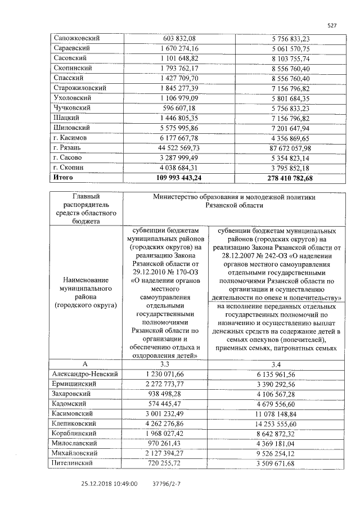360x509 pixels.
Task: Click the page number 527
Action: click(x=332, y=25)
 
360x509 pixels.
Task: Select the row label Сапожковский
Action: click(x=76, y=38)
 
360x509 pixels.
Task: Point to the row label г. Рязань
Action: click(x=69, y=147)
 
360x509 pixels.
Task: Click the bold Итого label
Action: click(x=63, y=177)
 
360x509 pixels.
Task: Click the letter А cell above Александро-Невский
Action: click(x=84, y=364)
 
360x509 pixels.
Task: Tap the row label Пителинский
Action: click(x=74, y=463)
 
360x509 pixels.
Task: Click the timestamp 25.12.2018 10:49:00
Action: click(x=107, y=483)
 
